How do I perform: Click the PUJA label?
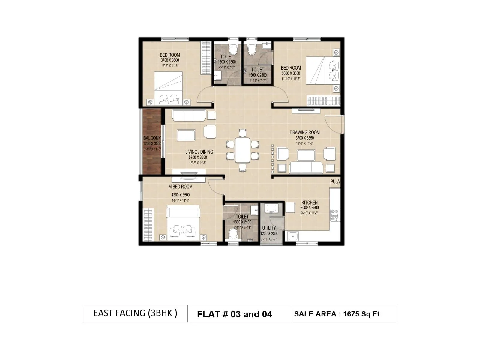[x=335, y=182]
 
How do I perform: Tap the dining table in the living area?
[x=242, y=150]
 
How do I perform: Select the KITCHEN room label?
[x=310, y=203]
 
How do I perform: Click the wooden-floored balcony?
[x=152, y=141]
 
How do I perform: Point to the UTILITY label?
[x=269, y=228]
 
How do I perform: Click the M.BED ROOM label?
[x=180, y=187]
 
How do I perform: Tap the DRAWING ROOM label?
[x=304, y=132]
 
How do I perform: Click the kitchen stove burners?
[x=335, y=215]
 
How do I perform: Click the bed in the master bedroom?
[x=183, y=223]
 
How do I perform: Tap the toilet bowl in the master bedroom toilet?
[x=233, y=234]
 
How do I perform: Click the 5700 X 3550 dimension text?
[x=198, y=157]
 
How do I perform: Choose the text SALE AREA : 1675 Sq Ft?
[x=337, y=314]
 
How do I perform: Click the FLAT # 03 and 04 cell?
[x=234, y=314]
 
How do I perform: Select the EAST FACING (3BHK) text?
[x=135, y=313]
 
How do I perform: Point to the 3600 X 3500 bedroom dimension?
[x=291, y=73]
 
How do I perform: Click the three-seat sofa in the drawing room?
[x=306, y=167]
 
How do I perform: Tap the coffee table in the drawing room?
[x=306, y=155]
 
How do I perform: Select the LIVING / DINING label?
[x=199, y=152]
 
